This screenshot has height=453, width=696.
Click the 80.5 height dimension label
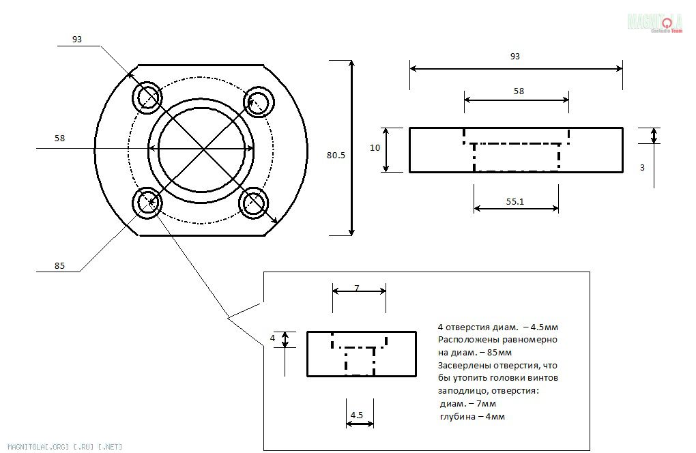coord(336,156)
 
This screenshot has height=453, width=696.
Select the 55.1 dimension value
coord(515,203)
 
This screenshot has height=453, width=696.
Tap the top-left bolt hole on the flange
coord(147,98)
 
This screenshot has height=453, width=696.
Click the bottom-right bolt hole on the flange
coord(254,203)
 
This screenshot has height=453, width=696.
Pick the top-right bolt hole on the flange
coord(259,102)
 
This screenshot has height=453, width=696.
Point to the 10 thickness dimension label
coord(375,147)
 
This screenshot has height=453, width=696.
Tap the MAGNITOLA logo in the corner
coord(655,23)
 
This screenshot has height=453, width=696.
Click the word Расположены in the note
coord(463,339)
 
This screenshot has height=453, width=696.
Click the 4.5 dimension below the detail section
coord(356,415)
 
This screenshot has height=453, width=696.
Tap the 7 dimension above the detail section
coord(356,288)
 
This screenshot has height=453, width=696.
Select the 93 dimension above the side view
coord(514,57)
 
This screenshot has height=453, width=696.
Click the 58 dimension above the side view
coord(519,91)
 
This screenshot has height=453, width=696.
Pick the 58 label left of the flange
coord(59,138)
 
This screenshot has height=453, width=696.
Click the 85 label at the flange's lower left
coord(59,266)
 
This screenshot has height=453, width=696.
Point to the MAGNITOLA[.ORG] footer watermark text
coord(62,446)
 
